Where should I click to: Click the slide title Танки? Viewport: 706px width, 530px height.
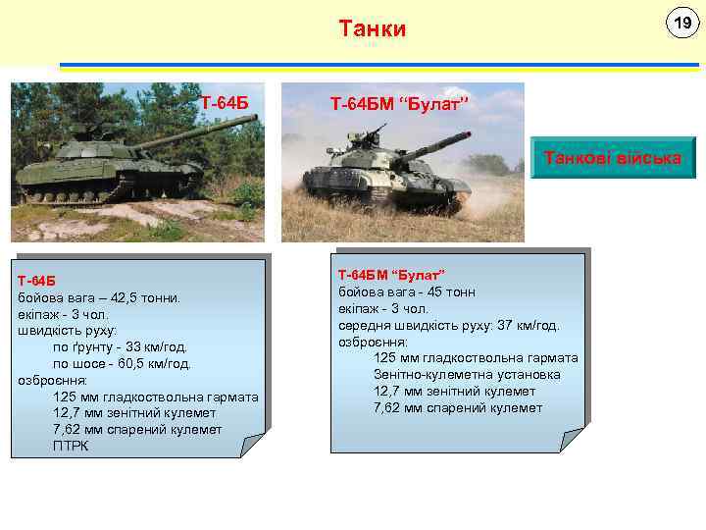coord(372,28)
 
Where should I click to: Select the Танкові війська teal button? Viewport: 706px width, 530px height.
coord(613,157)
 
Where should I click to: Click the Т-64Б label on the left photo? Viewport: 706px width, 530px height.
coord(225,102)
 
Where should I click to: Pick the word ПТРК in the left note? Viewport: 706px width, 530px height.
coord(71,447)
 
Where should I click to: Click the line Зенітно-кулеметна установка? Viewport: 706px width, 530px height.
coord(467,375)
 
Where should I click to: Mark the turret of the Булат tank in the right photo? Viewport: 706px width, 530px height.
coord(368,157)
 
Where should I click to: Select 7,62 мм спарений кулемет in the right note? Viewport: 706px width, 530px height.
coord(458,408)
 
